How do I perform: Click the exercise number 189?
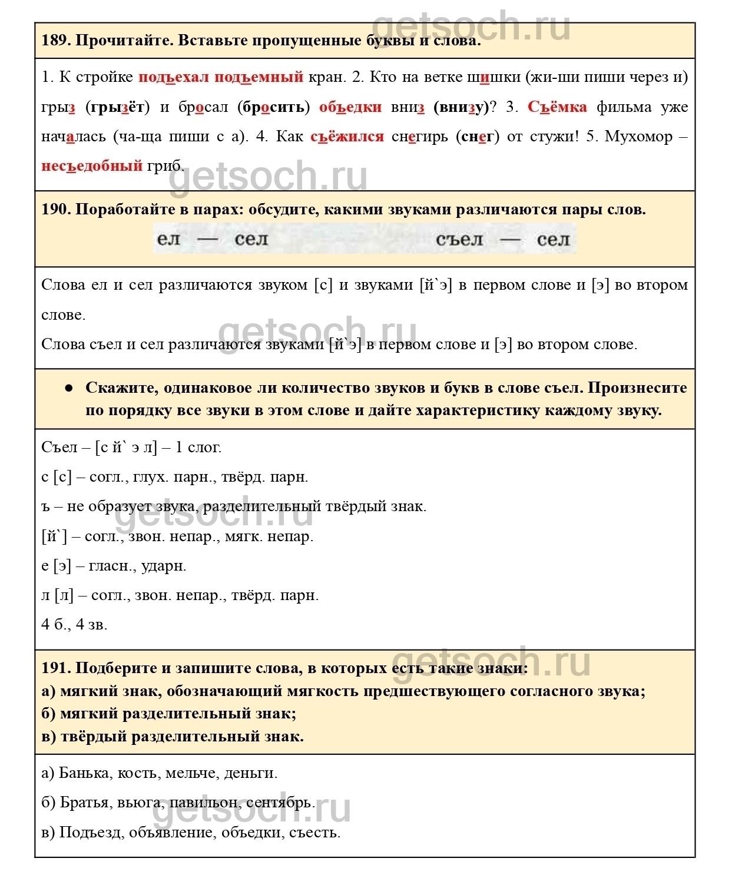[56, 41]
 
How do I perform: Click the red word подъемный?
[259, 77]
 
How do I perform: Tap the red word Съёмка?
[557, 107]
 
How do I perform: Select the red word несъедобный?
[92, 165]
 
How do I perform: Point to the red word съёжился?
[347, 136]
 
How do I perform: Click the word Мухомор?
[638, 136]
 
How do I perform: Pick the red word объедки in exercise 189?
[350, 107]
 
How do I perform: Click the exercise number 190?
[56, 210]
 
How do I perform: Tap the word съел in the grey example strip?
[459, 239]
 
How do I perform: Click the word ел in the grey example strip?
[168, 239]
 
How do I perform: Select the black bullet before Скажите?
[69, 388]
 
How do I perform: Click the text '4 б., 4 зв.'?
[74, 624]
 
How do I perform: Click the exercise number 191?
[56, 668]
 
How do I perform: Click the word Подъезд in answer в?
[91, 832]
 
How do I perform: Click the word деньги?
[250, 773]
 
